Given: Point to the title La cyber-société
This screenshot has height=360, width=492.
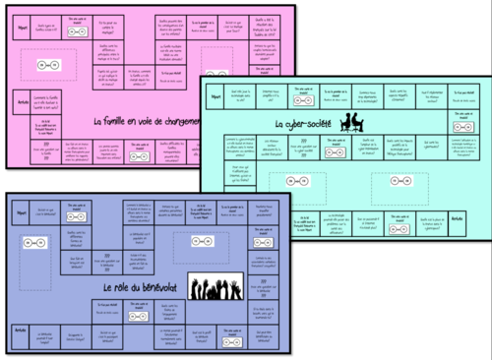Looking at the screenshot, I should point(299,124).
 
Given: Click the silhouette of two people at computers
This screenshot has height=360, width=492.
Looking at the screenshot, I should point(353,122).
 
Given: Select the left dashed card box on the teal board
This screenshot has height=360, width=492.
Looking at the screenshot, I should point(298,183).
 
